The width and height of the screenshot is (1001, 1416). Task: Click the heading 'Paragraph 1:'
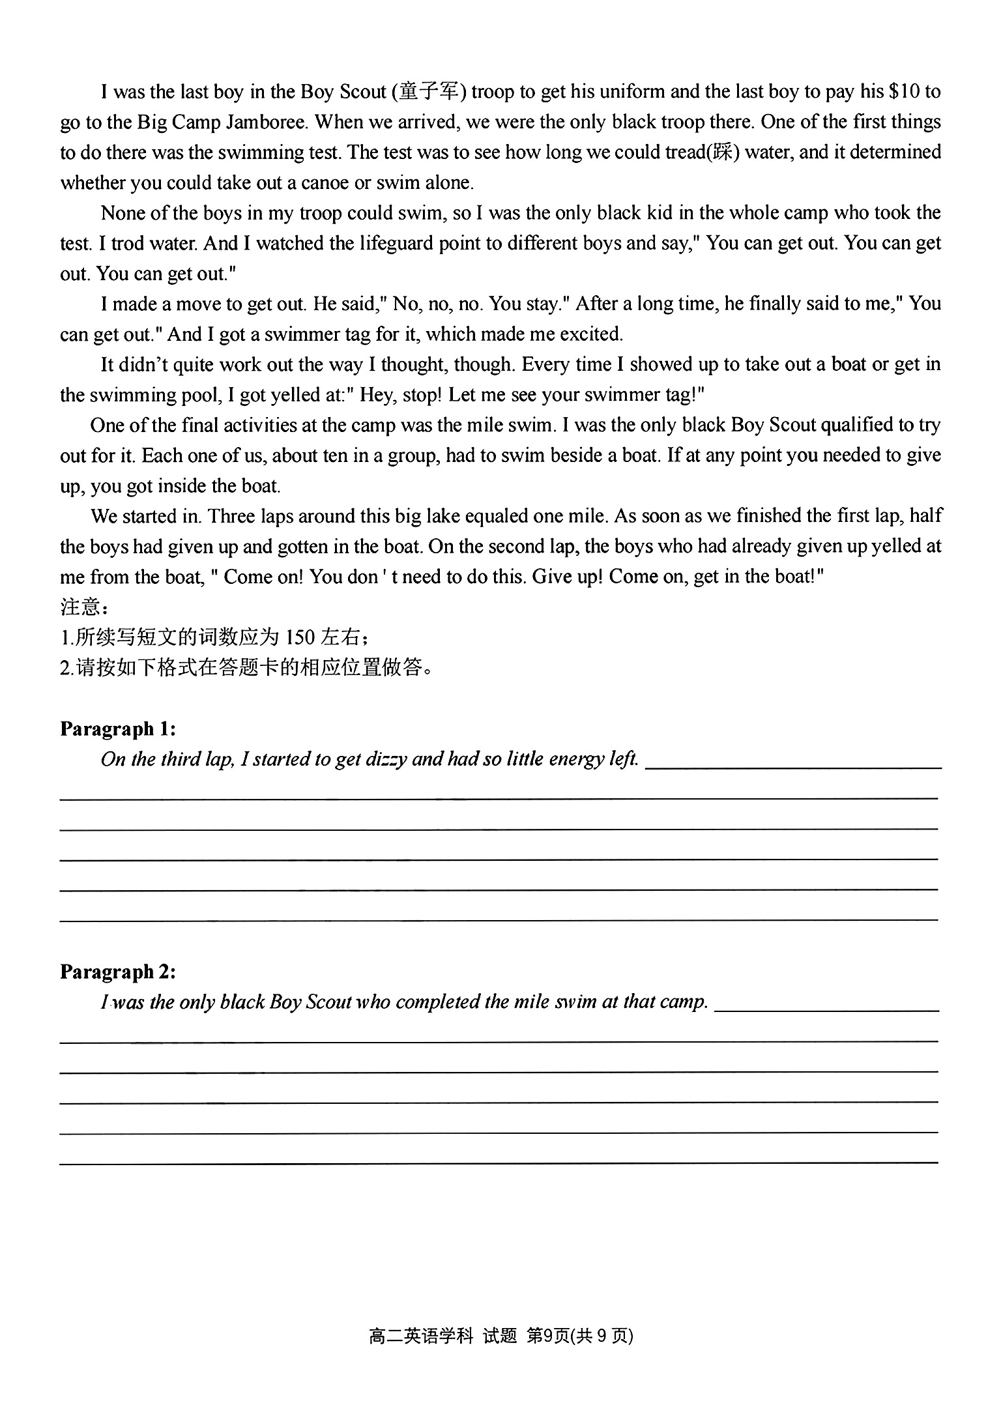click(x=118, y=729)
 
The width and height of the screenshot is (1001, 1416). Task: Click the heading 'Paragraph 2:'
click(x=118, y=972)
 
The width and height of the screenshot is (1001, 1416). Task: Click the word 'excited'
click(x=588, y=334)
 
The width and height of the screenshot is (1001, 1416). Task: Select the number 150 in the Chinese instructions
click(x=300, y=637)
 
